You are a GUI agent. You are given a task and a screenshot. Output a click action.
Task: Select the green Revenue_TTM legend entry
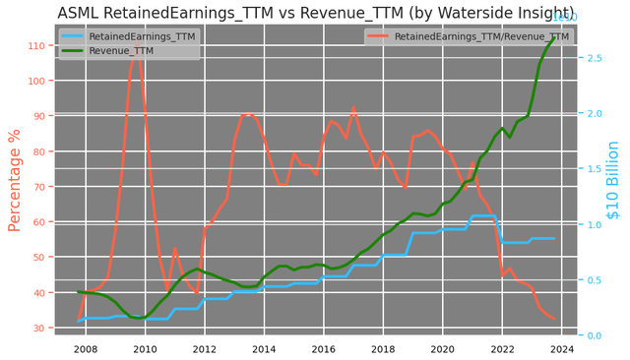click(x=121, y=50)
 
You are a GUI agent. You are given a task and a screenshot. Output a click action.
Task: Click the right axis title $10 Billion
click(x=613, y=193)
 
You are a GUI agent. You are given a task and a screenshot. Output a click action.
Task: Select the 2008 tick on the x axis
click(x=86, y=348)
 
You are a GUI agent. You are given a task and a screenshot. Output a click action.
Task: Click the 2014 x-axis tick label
click(x=264, y=348)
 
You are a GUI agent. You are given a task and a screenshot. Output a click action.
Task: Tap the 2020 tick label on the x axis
click(x=443, y=348)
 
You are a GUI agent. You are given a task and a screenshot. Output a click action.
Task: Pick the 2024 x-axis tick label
click(x=562, y=348)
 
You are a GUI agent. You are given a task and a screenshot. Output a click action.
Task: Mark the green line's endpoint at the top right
click(x=554, y=38)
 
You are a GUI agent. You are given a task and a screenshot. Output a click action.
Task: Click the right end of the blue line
click(x=554, y=238)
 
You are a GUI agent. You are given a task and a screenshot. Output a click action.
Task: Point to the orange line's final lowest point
click(x=554, y=319)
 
